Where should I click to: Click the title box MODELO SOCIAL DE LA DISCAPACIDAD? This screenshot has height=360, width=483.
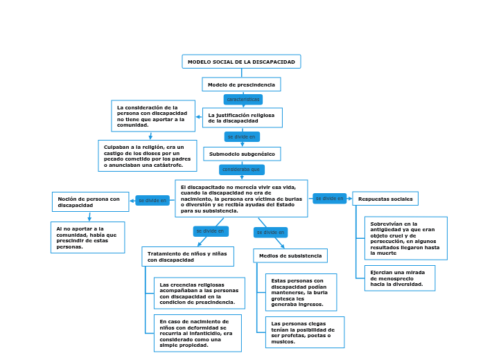pos(241,62)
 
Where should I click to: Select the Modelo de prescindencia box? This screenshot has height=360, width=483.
pos(241,84)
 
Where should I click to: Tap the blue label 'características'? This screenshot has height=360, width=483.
pos(243,100)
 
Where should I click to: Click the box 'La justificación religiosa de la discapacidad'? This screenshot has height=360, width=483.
pos(242,118)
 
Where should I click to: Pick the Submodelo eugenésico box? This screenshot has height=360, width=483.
pos(242,154)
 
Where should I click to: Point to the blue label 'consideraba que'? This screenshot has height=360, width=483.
pos(241,170)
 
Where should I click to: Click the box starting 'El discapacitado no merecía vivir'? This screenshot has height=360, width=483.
pos(241,199)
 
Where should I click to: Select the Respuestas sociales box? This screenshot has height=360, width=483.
pos(385,199)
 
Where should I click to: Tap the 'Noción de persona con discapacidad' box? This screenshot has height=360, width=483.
pos(90,202)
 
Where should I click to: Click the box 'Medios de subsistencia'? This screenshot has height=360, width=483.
pos(290,255)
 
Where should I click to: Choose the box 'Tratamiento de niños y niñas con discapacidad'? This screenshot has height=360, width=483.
pos(188,257)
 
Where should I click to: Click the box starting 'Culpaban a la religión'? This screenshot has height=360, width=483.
pos(147,156)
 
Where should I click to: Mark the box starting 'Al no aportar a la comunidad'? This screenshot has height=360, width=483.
pos(87,237)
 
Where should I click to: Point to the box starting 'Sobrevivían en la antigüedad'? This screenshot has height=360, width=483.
pos(405,238)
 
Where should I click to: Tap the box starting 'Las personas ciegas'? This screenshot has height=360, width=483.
pos(304,332)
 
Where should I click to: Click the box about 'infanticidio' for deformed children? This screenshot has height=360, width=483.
pos(197,333)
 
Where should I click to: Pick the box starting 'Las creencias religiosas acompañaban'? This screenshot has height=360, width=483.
pos(197,294)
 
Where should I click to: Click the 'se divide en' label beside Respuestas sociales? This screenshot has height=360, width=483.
pos(329,199)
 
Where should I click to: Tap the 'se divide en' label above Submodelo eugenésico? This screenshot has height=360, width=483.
pos(242,137)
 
